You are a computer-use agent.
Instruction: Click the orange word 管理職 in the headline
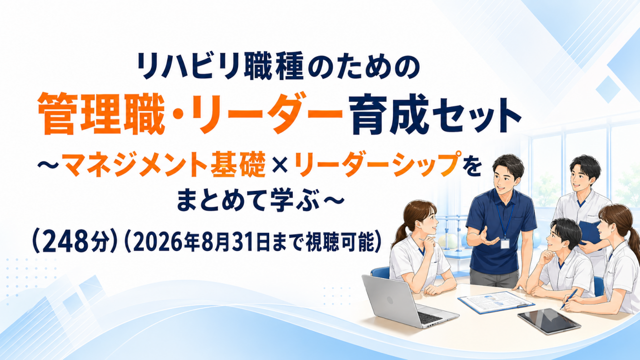101,114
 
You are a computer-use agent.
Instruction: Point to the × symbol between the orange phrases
280,167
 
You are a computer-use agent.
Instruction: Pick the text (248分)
75,243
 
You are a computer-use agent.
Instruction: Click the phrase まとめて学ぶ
248,202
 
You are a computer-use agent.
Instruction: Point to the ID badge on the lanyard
505,243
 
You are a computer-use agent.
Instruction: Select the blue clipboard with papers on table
496,302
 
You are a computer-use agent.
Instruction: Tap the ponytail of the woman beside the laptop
399,235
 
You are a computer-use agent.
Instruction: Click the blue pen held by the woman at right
569,299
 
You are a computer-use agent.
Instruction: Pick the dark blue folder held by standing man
589,233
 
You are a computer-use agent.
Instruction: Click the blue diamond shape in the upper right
608,89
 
